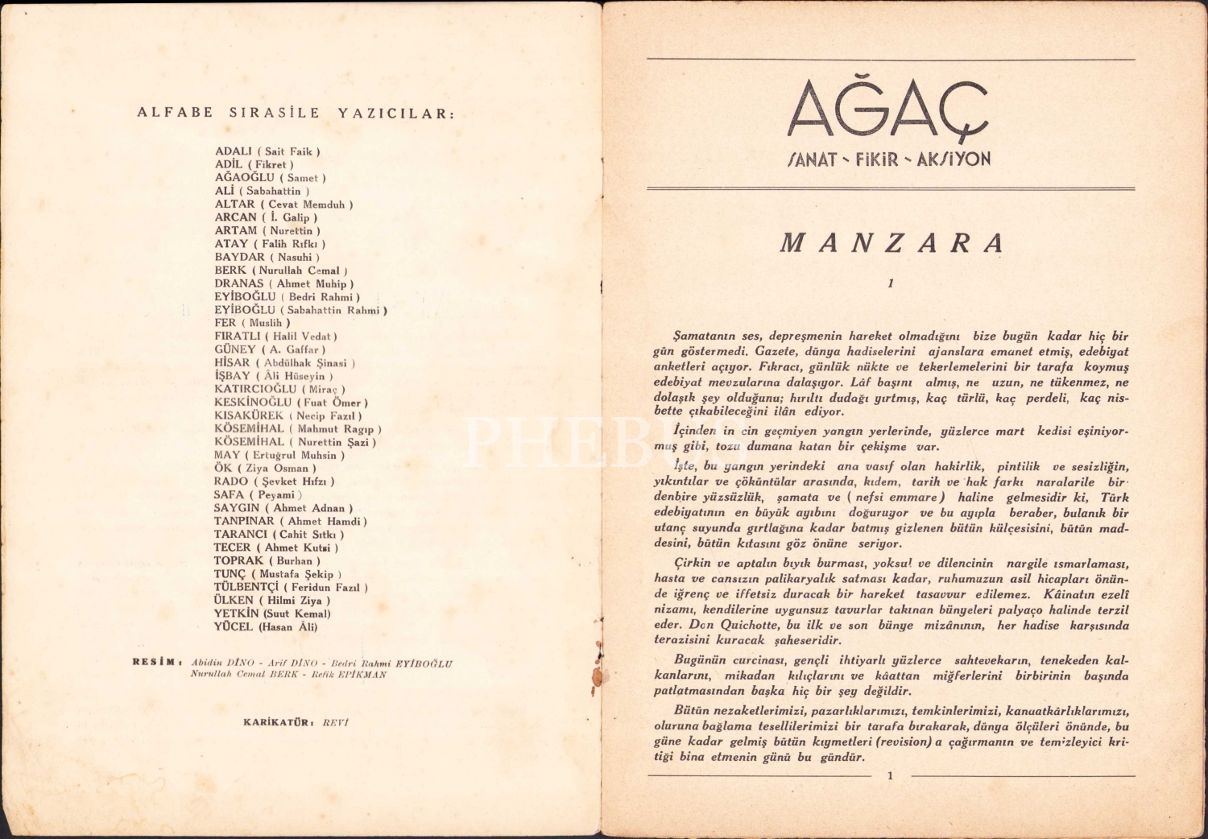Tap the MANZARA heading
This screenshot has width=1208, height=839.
point(892,243)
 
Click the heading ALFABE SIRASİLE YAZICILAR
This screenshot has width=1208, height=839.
point(296,113)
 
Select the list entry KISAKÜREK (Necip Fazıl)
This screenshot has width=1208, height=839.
point(288,415)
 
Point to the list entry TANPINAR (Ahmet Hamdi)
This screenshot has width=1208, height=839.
point(290,521)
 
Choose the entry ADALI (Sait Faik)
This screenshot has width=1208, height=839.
point(267,151)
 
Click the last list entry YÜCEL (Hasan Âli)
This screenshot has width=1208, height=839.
point(266,626)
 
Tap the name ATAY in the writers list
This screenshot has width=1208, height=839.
point(232,243)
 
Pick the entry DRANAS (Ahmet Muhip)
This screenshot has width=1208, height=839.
point(283,283)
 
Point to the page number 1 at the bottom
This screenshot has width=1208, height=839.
point(891,776)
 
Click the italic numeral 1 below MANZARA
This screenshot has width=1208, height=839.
point(891,283)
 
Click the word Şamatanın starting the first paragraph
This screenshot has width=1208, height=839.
point(702,336)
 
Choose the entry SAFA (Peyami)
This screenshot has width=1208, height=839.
point(258,494)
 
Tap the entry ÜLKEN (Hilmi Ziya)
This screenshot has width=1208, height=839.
point(271,600)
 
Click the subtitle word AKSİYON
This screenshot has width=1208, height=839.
point(954,159)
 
